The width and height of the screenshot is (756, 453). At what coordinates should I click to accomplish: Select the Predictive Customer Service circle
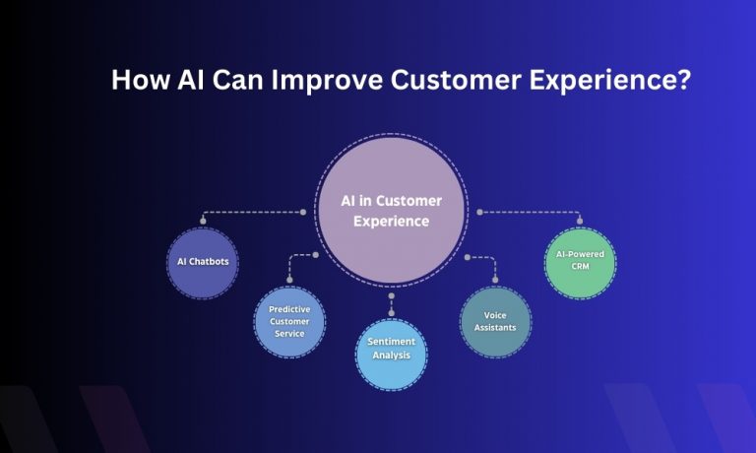288,322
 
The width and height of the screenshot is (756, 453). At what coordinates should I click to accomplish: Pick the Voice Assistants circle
494,321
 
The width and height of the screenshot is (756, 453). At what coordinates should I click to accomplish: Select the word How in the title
139,80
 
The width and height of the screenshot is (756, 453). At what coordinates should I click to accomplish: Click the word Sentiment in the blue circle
392,342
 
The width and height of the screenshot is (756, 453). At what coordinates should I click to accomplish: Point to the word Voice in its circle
494,314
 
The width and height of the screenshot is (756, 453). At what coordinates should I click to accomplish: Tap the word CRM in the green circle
580,267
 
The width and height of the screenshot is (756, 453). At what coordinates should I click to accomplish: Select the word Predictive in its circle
288,309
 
